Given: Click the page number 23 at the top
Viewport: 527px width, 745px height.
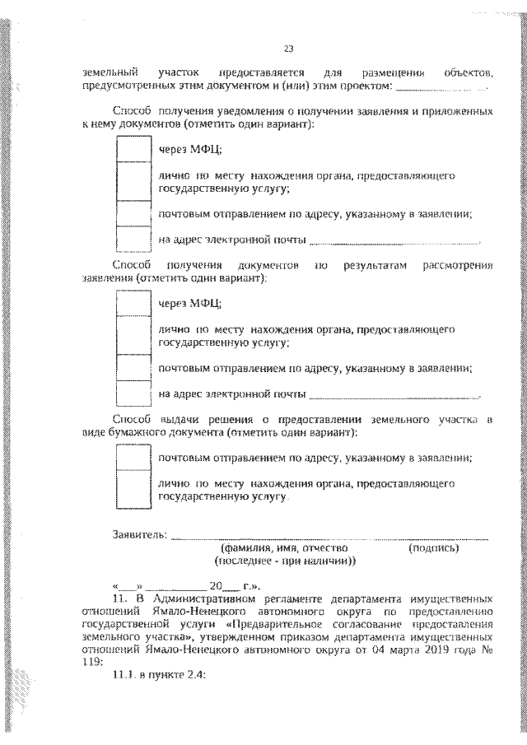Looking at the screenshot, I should (288, 47).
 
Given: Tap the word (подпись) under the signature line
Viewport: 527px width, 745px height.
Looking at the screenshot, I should (433, 547).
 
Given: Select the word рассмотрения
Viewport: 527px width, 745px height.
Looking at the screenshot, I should (457, 266).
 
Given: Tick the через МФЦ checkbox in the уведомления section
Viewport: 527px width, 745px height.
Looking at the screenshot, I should (130, 148).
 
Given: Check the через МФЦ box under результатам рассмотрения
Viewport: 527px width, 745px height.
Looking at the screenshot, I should (130, 303).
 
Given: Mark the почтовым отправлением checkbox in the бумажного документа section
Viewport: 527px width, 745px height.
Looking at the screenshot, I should (130, 456).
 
